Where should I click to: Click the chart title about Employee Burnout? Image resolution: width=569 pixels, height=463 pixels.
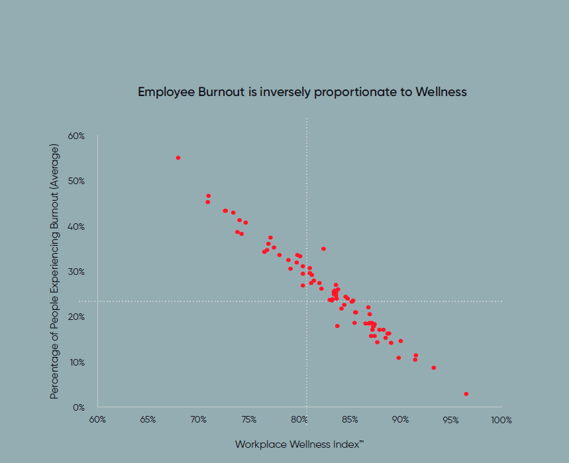302,92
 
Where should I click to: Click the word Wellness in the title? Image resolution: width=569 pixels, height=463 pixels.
441,92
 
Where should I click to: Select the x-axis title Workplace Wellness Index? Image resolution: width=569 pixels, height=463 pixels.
299,444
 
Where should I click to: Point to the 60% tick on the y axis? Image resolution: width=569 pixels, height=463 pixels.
76,136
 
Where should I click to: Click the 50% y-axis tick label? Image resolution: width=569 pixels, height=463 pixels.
76,181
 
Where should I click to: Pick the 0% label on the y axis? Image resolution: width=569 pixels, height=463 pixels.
78,407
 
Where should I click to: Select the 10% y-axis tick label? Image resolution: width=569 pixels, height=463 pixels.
76,362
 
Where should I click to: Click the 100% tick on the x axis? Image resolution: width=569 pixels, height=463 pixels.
501,420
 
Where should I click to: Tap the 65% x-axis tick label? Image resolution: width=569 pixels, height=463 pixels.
148,420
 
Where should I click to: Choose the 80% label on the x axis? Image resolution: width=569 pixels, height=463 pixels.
299,420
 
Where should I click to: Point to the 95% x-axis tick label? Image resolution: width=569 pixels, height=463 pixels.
450,420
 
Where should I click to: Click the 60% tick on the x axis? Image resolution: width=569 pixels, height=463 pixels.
97,420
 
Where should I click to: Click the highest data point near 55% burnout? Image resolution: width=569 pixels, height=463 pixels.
178,158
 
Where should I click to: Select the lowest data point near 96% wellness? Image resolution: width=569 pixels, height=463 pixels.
466,393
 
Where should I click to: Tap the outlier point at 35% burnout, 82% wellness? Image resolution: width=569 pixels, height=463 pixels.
323,249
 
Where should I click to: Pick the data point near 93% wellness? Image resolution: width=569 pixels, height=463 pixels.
434,368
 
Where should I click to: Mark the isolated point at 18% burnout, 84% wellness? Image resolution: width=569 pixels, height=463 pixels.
337,326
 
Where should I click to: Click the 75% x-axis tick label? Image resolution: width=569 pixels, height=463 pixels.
248,420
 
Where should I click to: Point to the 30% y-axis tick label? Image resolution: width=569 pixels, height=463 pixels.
76,272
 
